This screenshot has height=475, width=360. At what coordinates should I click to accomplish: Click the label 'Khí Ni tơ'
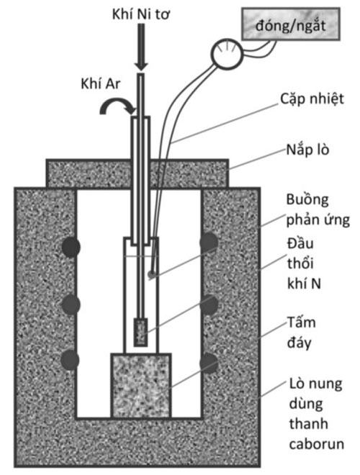coord(140,14)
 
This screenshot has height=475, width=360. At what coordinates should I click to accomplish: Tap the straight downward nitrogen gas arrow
coord(141,47)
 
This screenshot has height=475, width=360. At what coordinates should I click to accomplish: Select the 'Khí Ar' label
coord(101,83)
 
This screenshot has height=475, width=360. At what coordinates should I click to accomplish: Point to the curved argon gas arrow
coord(117,106)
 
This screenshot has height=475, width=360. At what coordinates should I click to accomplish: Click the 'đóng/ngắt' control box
coord(291,24)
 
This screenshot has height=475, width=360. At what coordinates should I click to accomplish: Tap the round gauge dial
coord(227,54)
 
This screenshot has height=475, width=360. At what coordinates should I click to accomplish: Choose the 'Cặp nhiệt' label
coord(312,99)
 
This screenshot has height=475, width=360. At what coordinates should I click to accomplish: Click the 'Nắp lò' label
coord(307,150)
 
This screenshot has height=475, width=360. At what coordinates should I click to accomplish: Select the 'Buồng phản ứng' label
coord(318,209)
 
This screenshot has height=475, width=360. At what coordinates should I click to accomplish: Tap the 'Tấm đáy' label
coord(302,332)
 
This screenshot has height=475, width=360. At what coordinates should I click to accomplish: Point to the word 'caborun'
coord(317,444)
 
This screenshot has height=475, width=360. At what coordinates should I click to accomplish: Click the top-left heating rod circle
coord(71,247)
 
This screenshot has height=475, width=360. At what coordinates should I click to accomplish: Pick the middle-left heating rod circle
coord(71,304)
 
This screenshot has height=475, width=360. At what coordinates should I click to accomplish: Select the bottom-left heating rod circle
coord(71,360)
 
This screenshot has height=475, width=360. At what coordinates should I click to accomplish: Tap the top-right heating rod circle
coord(209,243)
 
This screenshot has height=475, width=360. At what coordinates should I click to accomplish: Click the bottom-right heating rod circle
coord(209,363)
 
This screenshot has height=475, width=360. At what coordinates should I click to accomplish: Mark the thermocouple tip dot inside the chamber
coord(151,274)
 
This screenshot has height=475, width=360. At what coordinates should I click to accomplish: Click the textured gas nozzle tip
coord(141,332)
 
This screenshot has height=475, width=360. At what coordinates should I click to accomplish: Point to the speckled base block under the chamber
coord(141,386)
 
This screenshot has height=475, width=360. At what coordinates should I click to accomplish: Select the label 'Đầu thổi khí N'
coord(304,263)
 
